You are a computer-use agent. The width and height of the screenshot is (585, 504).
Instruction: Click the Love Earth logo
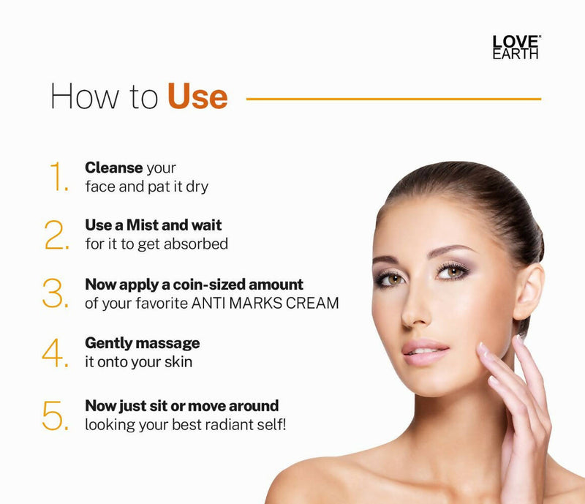(516, 46)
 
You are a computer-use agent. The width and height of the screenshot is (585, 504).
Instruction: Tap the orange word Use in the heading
(197, 97)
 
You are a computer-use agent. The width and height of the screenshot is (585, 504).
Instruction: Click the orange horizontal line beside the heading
(393, 98)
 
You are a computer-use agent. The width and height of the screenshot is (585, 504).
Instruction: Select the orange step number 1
(58, 178)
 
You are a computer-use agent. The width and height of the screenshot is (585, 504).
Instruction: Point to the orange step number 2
(57, 235)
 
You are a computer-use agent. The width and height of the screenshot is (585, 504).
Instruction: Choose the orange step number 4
(56, 353)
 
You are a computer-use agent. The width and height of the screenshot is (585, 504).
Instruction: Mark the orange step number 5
(57, 414)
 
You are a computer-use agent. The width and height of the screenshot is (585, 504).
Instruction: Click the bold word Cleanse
(113, 168)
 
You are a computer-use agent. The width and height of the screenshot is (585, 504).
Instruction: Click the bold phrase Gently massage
(142, 343)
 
